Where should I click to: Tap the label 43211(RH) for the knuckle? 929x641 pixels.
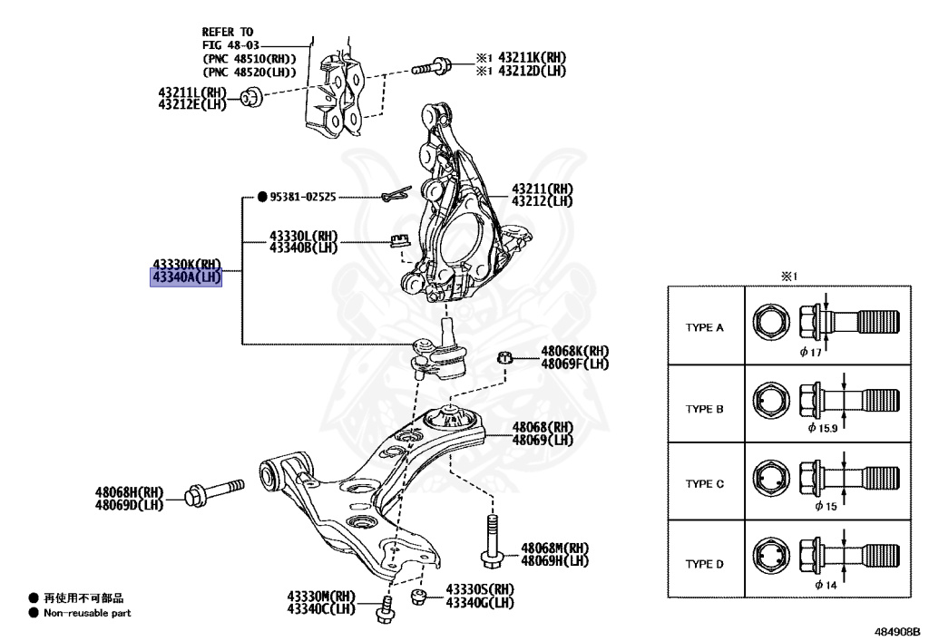(542, 189)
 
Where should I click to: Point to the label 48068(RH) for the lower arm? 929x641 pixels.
(543, 427)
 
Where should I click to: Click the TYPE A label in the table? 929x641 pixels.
(705, 328)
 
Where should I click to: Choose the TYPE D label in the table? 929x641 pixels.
(705, 564)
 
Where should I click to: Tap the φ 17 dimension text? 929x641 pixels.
(810, 352)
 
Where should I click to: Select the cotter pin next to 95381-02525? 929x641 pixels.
(396, 195)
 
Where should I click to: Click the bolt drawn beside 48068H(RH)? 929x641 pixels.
(213, 490)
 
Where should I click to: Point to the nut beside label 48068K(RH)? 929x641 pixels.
(505, 355)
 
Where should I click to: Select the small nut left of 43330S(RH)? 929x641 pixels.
(418, 596)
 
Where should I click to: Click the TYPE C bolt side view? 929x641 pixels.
(848, 481)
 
